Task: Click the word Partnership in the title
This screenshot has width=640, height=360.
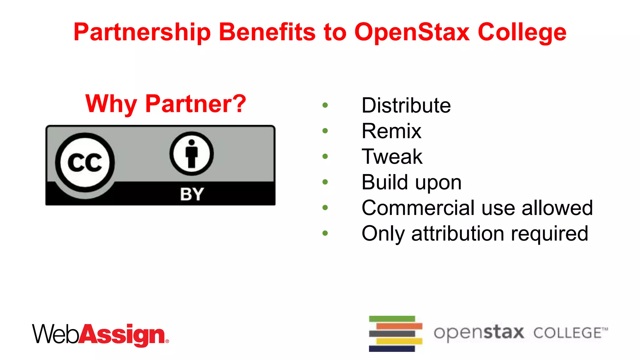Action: click(142, 32)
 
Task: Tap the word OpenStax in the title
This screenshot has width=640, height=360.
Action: click(412, 32)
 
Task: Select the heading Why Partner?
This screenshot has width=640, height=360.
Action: click(166, 104)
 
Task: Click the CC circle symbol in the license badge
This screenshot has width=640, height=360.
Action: click(85, 162)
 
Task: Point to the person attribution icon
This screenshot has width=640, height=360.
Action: click(192, 154)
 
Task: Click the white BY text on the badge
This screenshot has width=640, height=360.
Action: click(192, 194)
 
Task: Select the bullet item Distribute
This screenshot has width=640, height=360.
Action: click(406, 105)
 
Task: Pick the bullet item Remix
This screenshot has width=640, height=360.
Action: click(391, 131)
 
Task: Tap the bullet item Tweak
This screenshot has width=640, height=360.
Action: click(392, 157)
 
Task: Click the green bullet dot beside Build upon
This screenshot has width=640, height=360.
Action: click(325, 182)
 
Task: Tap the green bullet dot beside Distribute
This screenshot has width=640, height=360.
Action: click(325, 105)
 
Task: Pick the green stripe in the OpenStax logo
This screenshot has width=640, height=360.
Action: click(392, 319)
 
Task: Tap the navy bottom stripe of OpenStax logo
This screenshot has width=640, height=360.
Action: click(392, 348)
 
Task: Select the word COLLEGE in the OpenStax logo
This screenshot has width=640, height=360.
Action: click(567, 333)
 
